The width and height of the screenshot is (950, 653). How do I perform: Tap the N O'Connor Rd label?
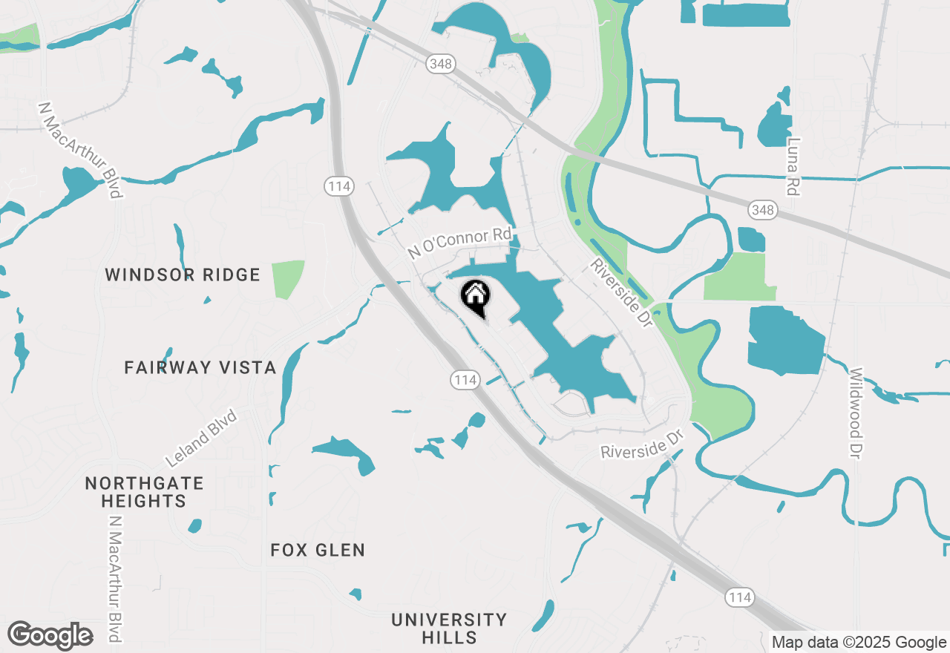(460, 243)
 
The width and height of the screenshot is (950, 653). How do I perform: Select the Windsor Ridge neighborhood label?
(183, 275)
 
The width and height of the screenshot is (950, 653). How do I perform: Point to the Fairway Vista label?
(200, 367)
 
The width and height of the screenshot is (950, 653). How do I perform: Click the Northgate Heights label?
(144, 492)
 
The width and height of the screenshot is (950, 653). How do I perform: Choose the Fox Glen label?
(318, 550)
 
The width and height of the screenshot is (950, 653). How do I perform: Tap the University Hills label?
(449, 628)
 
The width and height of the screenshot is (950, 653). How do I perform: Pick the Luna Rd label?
(794, 167)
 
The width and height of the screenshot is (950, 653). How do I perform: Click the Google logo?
(50, 636)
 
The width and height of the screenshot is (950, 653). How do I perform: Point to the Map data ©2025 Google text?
(859, 643)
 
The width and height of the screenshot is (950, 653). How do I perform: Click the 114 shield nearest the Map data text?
(740, 597)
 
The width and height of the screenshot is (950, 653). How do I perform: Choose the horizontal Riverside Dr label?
(641, 450)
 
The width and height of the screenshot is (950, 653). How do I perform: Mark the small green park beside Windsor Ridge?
(288, 279)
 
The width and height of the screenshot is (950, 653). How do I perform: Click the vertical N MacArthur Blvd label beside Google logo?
(114, 579)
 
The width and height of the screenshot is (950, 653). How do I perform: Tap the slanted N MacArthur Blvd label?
(80, 151)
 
